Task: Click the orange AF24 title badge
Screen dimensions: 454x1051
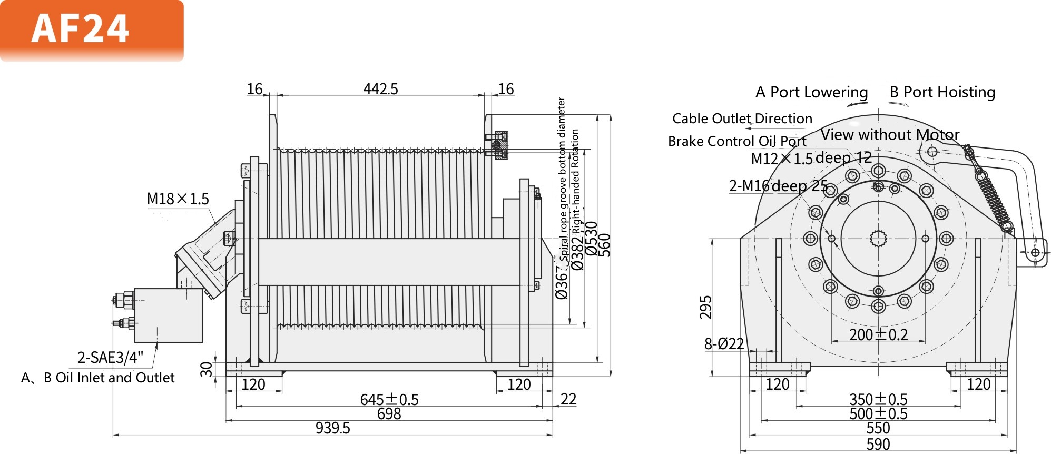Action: tap(92, 31)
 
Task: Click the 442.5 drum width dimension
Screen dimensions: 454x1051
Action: tap(380, 89)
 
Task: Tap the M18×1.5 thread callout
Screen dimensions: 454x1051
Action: tap(178, 199)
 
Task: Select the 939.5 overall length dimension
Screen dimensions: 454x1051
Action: tap(332, 428)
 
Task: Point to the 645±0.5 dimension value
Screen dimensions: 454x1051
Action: tap(389, 400)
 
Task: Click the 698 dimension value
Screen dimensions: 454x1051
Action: tap(389, 414)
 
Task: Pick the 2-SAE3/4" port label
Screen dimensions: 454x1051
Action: tap(110, 358)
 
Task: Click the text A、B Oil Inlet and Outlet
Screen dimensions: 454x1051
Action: tap(98, 378)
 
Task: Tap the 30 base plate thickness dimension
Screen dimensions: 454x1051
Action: tap(207, 369)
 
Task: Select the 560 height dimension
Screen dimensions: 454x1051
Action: tap(605, 245)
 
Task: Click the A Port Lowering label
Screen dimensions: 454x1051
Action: tap(811, 92)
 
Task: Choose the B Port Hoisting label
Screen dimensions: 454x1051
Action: tap(942, 92)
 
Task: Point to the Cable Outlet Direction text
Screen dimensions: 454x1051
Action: tap(742, 119)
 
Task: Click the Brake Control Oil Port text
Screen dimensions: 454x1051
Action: tap(736, 141)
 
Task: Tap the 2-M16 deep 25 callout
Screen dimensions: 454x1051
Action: tap(778, 186)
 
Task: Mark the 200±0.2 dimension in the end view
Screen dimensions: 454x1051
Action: tap(878, 334)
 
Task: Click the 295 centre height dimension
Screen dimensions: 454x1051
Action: tap(705, 307)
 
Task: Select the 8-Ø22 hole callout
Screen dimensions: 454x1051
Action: tap(724, 344)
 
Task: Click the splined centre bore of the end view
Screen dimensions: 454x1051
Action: tap(878, 239)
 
